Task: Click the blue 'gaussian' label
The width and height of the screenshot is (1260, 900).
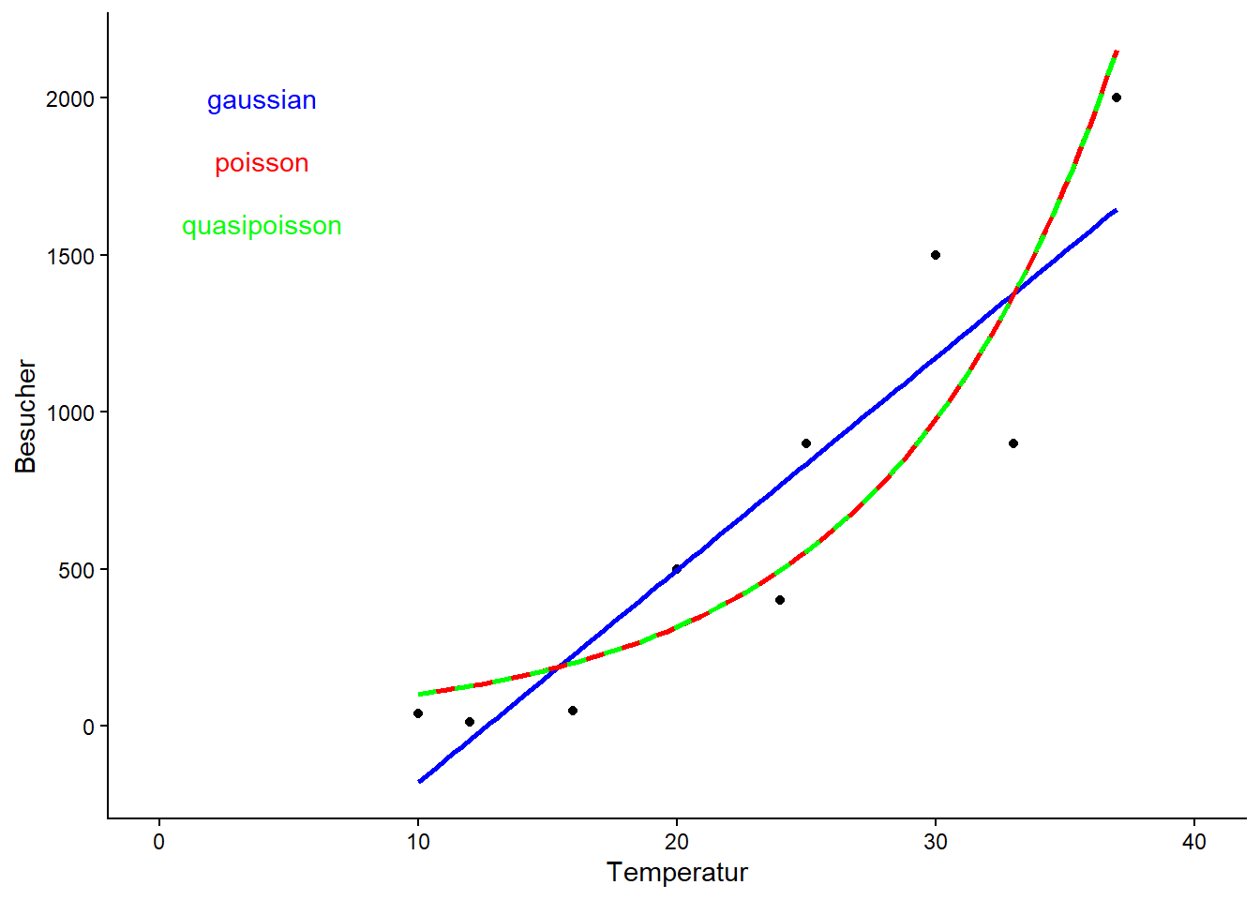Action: pos(262,100)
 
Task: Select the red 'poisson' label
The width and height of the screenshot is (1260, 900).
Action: pos(262,163)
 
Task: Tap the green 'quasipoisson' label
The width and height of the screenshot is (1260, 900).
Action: pos(262,226)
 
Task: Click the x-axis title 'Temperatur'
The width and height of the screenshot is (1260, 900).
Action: pos(677,873)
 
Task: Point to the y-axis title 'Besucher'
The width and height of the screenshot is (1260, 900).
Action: pos(26,416)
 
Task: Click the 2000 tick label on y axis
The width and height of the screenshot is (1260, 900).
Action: pos(70,99)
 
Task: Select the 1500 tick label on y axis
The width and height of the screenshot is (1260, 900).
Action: pos(70,256)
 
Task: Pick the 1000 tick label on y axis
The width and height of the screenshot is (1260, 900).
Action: pos(70,413)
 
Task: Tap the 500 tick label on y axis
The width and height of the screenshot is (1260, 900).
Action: pos(77,570)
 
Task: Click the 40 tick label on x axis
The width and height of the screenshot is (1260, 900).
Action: pos(1194,842)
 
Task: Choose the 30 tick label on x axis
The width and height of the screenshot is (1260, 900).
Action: pos(936,842)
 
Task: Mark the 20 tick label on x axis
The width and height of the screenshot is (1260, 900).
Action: pos(677,842)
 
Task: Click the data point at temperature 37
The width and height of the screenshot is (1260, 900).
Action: pos(1117,97)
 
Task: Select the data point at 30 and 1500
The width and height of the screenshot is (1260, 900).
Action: pos(936,255)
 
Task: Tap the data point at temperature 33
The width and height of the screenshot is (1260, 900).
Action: pos(1013,443)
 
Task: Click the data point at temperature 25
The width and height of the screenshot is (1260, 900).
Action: pos(806,443)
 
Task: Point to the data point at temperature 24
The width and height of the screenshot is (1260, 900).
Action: pos(780,600)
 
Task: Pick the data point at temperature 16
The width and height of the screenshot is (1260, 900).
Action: pos(573,711)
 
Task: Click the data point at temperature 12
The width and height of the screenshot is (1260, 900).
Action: pos(470,722)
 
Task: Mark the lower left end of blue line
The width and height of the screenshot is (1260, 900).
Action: pos(420,781)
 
